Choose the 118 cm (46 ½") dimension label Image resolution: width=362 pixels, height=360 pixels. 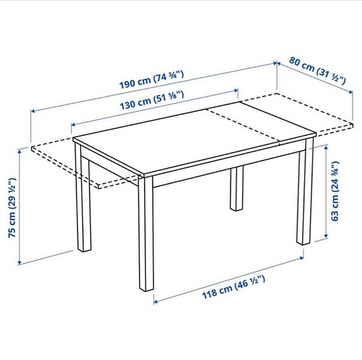click(232, 284)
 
